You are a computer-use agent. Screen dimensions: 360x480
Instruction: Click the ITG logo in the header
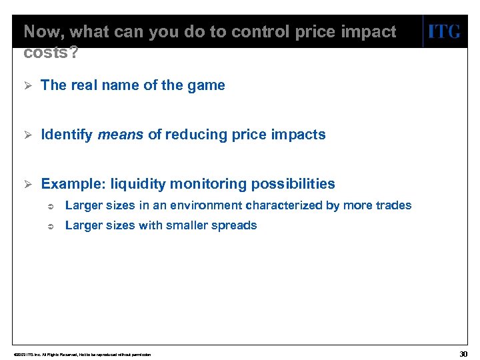point(444,32)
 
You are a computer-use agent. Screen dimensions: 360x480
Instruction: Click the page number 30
point(464,353)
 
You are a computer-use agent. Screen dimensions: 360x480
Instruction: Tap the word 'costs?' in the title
point(50,53)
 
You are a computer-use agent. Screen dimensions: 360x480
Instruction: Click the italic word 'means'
point(121,135)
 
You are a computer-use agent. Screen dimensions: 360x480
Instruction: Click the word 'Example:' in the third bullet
point(72,184)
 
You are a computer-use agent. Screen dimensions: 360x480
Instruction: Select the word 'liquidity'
point(139,184)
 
